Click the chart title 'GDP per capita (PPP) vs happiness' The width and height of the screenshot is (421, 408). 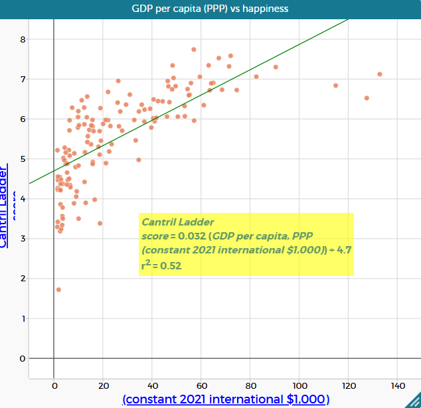tap(210, 8)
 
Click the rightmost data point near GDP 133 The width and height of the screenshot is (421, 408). tap(380, 74)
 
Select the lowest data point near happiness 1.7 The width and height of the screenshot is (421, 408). tap(58, 290)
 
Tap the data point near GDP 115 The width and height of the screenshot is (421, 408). tap(336, 86)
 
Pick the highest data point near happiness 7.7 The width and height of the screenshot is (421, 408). tap(194, 50)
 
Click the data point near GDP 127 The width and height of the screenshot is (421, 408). tap(367, 98)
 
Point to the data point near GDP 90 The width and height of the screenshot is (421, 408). tap(276, 67)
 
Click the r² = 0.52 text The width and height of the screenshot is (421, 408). tap(161, 265)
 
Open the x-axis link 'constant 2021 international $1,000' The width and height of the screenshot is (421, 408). tap(226, 399)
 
